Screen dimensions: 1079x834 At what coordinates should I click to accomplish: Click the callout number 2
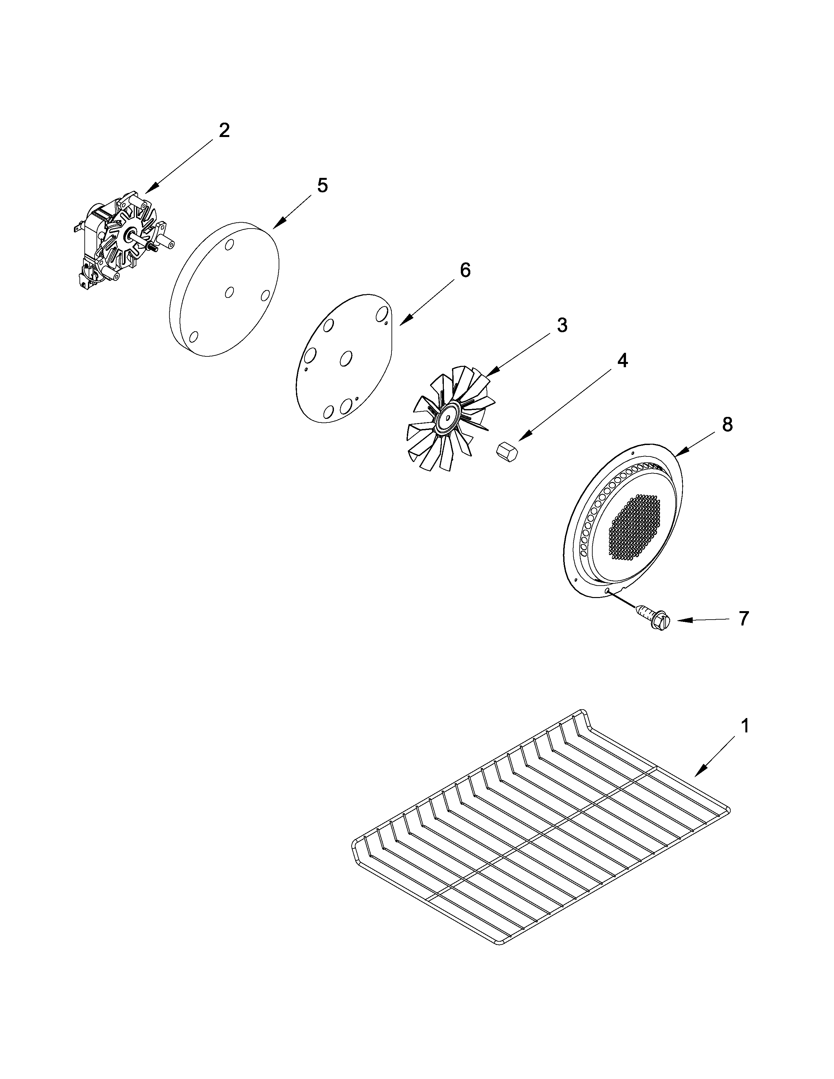pos(224,131)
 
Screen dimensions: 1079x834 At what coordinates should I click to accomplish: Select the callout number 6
pos(465,270)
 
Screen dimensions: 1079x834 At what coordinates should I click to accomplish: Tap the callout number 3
pos(562,326)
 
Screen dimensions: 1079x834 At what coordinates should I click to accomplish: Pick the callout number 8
pos(727,425)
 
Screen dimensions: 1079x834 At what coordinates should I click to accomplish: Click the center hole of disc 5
pos(229,293)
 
